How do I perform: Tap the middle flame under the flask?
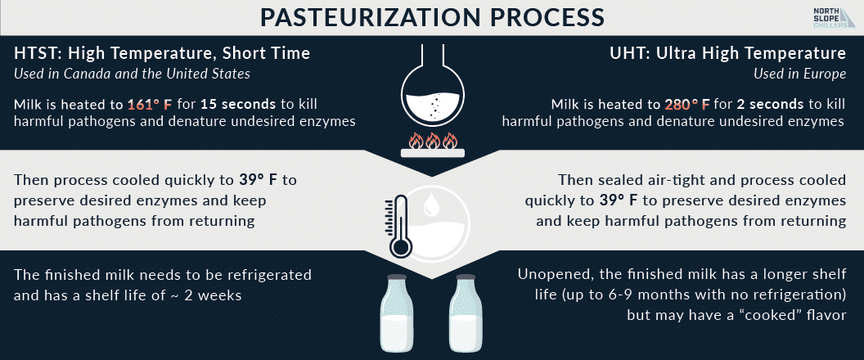coord(433,141)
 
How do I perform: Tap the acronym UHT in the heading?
coord(627,53)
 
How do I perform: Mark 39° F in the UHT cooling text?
coord(619,200)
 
